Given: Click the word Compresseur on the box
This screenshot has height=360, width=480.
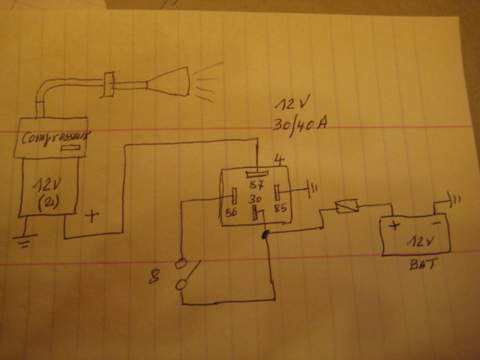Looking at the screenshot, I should point(52,138).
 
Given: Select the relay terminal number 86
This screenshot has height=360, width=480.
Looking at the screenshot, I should point(231,214).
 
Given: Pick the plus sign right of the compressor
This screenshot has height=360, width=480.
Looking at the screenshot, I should point(94,217).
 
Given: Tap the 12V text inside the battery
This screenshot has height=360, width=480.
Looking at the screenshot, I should point(416,242).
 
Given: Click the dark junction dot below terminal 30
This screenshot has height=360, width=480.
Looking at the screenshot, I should point(265,235).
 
